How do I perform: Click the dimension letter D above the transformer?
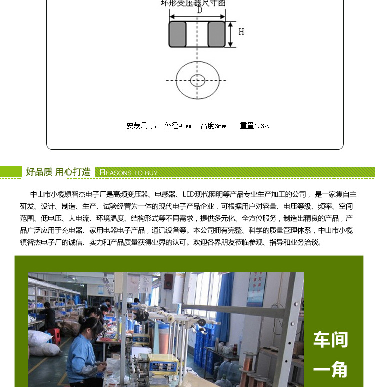pos(199,10)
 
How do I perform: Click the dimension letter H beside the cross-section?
pos(241,32)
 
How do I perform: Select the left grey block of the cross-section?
pos(178,34)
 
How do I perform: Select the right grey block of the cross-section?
pos(216,34)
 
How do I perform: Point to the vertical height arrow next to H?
pos(231,34)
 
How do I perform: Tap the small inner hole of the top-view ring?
pos(198,80)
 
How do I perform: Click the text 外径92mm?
pos(178,126)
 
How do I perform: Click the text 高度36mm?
pos(214,126)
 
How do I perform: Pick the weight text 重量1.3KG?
pos(255,126)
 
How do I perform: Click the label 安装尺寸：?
pos(142,126)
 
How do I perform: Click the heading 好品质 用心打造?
pos(58,172)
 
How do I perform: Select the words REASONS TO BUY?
pos(129,172)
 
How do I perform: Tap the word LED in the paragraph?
pos(188,194)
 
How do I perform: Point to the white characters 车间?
pos(330,340)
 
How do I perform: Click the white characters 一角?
pos(330,370)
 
